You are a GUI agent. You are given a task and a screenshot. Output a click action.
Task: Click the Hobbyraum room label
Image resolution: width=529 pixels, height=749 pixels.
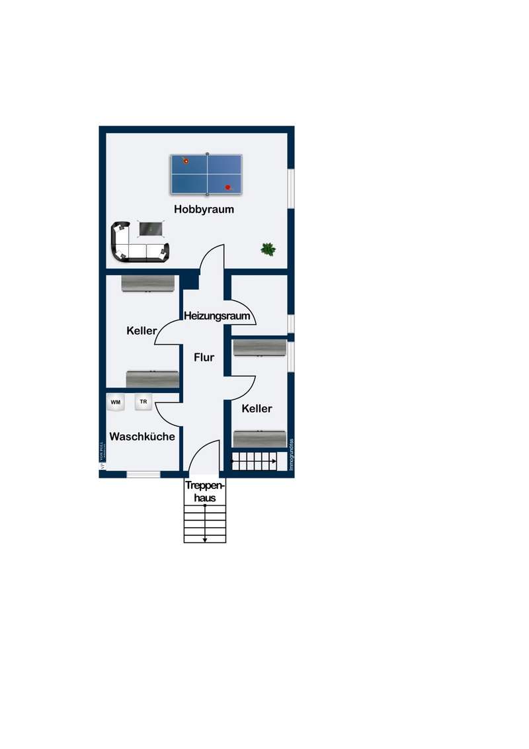pos(204,209)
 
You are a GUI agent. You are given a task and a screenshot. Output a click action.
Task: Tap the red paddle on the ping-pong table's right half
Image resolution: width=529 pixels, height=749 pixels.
pos(229,187)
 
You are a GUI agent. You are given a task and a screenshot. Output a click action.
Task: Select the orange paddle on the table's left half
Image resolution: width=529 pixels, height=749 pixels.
pos(186,160)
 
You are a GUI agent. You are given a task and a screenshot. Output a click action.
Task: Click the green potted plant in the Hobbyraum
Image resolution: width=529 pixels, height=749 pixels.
pos(268,249)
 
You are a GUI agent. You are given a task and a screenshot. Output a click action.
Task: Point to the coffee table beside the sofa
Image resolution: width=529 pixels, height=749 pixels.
pos(151,229)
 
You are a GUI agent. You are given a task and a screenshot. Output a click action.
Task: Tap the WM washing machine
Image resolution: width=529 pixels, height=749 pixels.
pos(116,402)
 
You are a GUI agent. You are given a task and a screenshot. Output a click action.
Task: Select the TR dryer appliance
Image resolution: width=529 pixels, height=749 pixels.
pos(143,402)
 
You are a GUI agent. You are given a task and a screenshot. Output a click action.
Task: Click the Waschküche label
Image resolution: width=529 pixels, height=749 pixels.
pos(142,437)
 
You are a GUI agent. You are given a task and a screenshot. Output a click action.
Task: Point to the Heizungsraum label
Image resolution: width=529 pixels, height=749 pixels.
pos(217,316)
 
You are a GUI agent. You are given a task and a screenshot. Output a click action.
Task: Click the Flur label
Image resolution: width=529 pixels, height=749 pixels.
pos(204,357)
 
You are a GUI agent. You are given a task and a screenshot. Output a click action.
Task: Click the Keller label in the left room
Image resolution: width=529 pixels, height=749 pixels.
pos(142,330)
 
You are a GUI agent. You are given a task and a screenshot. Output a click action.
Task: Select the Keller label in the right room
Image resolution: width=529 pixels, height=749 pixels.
pos(257,409)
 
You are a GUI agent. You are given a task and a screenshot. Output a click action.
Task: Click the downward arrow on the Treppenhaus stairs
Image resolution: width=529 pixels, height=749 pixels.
pos(205,539)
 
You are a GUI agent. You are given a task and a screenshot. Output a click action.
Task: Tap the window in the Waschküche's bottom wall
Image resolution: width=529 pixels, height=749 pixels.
pos(143,474)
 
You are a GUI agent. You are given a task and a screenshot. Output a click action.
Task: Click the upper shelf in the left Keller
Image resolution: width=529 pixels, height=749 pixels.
pos(149,283)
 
